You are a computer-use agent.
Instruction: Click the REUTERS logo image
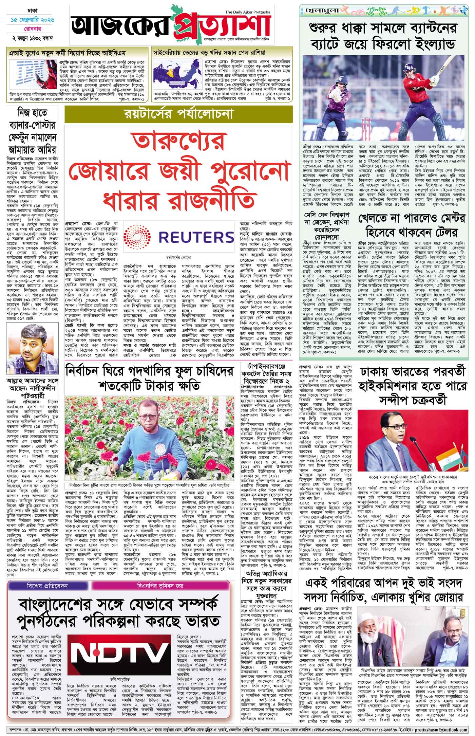coord(178,237)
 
